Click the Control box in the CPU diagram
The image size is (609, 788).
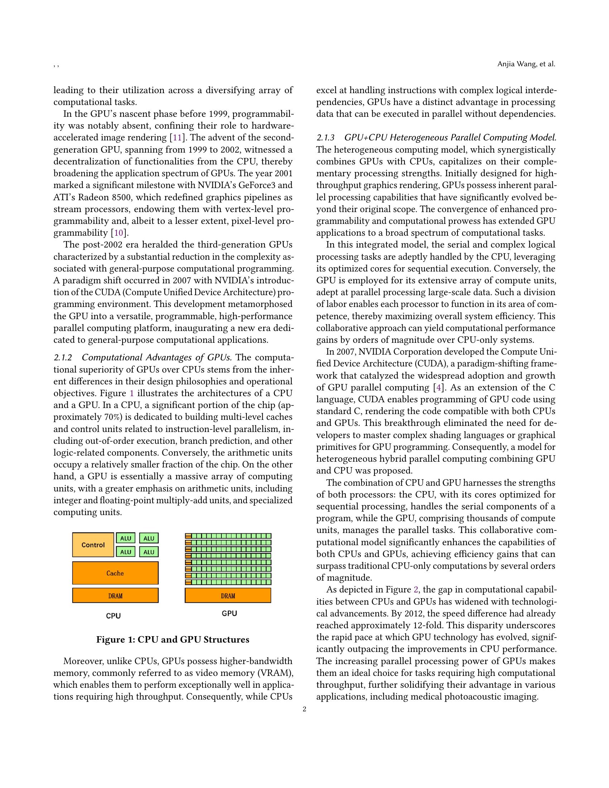(x=93, y=545)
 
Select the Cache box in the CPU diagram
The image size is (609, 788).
(x=115, y=573)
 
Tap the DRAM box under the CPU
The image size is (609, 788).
(x=115, y=596)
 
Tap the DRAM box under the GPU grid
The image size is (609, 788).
(x=227, y=596)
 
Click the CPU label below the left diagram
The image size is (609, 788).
(x=113, y=616)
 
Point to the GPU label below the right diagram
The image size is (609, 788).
(x=229, y=613)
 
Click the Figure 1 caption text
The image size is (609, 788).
(x=172, y=640)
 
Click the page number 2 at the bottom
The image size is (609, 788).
(x=304, y=709)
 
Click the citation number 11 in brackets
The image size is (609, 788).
(x=177, y=138)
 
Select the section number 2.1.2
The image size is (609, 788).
(x=63, y=357)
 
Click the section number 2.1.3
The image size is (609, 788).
(x=325, y=138)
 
